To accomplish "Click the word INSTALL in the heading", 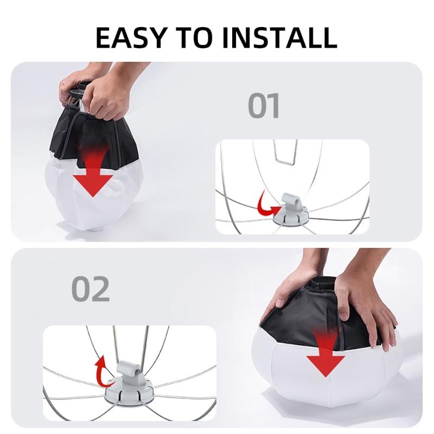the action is tap(279, 37).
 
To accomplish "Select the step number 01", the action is tap(264, 106).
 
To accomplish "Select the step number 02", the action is tap(91, 289).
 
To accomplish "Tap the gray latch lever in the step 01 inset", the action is tap(291, 201).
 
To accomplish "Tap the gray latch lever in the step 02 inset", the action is tap(129, 371).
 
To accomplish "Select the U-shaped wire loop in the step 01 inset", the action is tap(285, 152).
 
